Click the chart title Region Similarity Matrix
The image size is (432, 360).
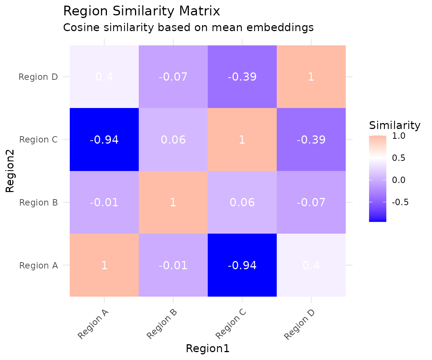141,11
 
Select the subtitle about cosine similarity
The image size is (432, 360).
188,27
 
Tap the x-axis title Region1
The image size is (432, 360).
207,348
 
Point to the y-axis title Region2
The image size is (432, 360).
10,171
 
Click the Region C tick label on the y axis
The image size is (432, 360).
38,140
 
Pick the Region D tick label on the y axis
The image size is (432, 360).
38,77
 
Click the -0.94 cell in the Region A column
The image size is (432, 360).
104,140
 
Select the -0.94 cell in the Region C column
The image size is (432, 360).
242,265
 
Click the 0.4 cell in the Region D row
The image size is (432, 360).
104,77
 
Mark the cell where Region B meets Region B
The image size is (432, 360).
173,202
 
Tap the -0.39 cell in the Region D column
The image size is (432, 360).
311,140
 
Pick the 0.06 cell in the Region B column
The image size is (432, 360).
173,140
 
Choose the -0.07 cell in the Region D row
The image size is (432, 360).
173,77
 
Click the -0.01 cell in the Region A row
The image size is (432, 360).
173,265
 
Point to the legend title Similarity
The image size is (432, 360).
394,125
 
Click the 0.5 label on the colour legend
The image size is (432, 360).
398,158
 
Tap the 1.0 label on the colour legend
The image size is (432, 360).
398,136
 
